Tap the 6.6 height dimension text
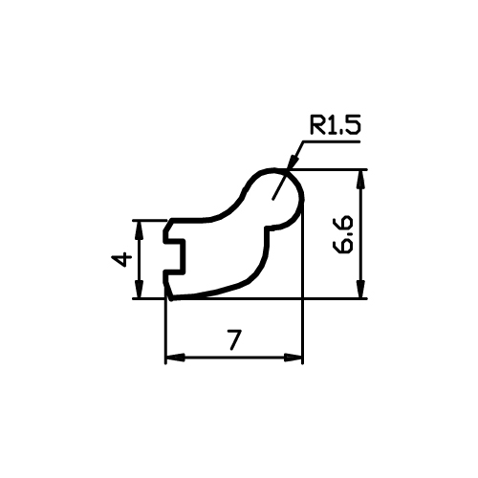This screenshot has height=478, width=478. [342, 234]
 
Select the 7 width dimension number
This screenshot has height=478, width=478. [234, 339]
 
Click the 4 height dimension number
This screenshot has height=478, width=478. [121, 259]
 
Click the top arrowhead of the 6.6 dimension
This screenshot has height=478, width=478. [360, 180]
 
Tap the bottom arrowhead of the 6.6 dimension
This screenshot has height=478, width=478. [360, 289]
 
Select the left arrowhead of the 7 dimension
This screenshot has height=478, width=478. [175, 358]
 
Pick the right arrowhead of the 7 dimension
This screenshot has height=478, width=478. [293, 358]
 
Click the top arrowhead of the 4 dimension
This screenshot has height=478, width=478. [139, 230]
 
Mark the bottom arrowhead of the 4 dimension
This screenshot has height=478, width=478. [139, 289]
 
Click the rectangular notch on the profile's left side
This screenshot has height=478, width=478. [175, 256]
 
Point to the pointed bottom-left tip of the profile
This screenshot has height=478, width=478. [172, 299]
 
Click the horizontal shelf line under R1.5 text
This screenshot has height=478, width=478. [332, 141]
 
